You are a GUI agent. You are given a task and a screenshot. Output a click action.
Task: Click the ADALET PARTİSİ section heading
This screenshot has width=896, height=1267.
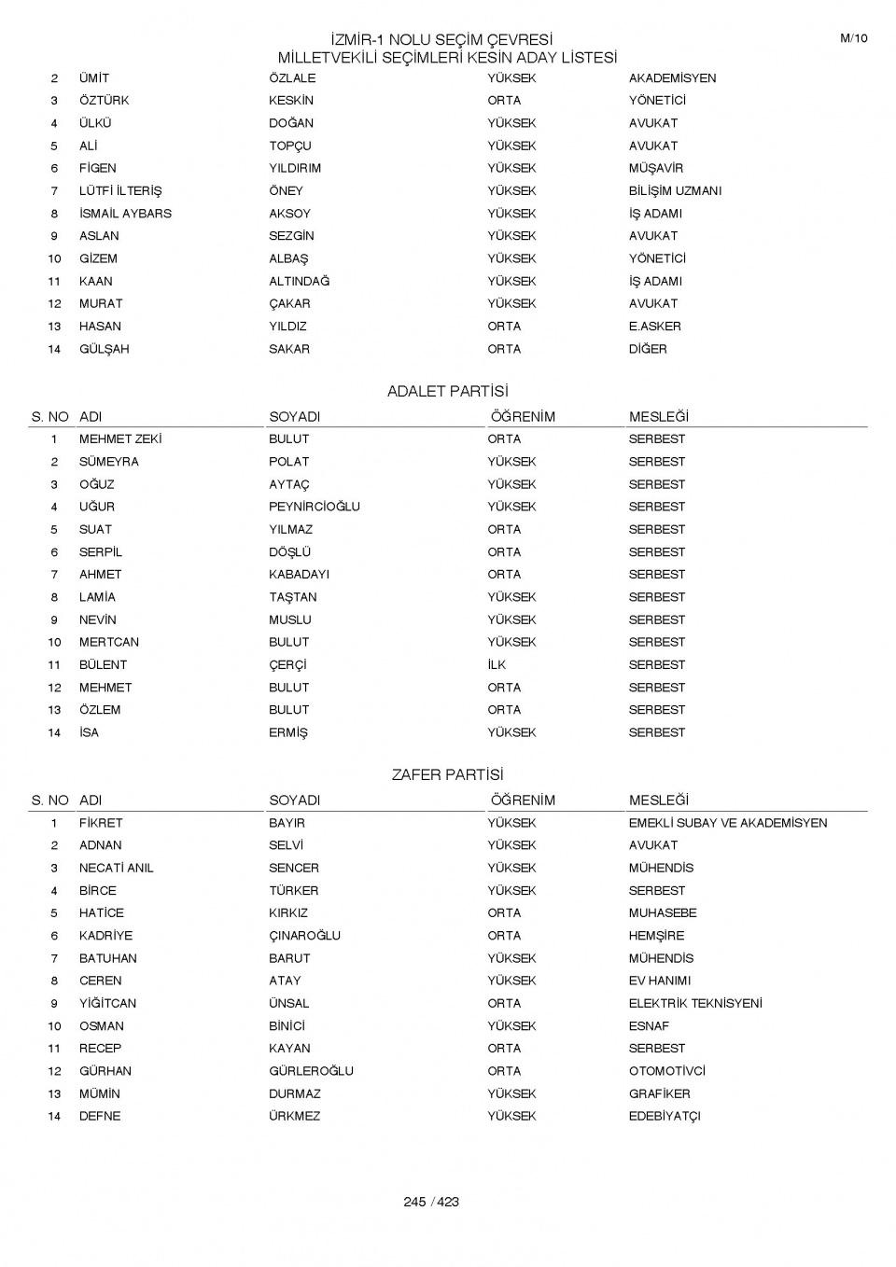[x=447, y=392]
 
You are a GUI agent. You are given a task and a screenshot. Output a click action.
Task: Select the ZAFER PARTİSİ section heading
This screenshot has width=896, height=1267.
[x=447, y=775]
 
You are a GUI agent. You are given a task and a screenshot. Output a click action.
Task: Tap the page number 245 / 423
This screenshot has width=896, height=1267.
[x=431, y=1202]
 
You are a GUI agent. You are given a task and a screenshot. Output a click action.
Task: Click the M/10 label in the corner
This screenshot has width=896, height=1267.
[x=853, y=38]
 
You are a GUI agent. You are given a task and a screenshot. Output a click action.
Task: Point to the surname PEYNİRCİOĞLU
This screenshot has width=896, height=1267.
[x=314, y=507]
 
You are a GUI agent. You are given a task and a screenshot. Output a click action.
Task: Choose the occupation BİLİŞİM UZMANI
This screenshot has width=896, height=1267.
[x=675, y=191]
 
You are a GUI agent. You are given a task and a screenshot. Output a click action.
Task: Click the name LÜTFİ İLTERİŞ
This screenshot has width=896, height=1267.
[x=120, y=191]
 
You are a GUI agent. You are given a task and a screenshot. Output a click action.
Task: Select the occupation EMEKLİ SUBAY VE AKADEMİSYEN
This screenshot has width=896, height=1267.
[x=727, y=823]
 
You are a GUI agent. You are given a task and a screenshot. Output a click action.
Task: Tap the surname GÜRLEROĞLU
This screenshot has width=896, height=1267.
[x=311, y=1071]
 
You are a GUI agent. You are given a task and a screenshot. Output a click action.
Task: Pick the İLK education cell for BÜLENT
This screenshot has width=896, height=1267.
[x=497, y=665]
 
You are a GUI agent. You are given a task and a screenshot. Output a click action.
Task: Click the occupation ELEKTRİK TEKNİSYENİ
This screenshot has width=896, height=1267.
[x=695, y=1004]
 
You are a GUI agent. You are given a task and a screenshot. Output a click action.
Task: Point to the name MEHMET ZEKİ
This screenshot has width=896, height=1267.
[x=120, y=439]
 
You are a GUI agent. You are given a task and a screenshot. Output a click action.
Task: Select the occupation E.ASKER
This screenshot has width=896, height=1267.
[x=654, y=327]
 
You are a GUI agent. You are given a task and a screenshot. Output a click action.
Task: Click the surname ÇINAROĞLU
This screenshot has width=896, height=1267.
[x=304, y=936]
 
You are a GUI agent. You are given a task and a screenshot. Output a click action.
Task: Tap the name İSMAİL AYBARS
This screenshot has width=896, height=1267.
[x=125, y=214]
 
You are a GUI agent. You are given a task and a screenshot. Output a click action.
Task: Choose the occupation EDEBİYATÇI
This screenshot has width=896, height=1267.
[x=665, y=1117]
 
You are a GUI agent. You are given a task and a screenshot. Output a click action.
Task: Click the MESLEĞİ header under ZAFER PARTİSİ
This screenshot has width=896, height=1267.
[x=658, y=801]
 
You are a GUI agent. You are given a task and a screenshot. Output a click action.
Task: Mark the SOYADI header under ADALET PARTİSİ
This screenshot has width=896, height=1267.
[x=294, y=417]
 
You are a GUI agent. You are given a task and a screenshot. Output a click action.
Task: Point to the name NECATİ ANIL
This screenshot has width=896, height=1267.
[x=116, y=869]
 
